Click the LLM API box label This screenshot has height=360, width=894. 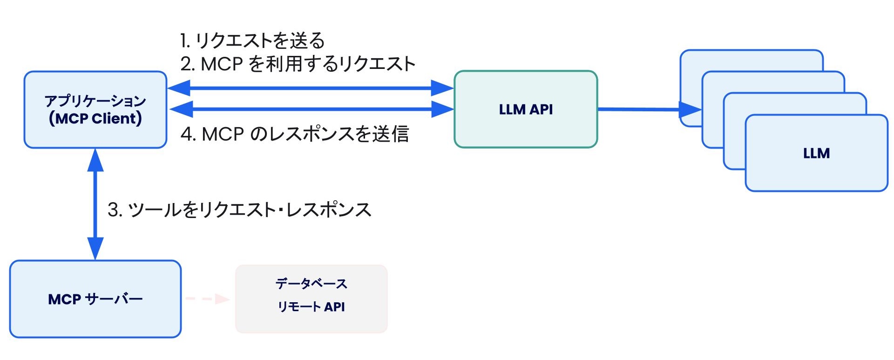(526, 109)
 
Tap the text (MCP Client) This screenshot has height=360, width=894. (95, 119)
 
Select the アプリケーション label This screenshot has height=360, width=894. (95, 101)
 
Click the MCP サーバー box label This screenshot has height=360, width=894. (95, 299)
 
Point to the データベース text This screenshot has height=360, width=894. (311, 284)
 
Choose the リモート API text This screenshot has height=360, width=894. (311, 307)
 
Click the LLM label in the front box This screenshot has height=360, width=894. (816, 153)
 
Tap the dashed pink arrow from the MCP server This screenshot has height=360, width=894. (207, 299)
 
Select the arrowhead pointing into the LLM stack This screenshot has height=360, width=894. (691, 110)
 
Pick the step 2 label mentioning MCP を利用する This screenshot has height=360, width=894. (298, 64)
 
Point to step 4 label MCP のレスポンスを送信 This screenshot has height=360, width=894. (295, 134)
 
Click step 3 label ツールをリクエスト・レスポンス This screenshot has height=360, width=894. (240, 210)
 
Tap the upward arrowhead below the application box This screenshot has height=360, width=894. (95, 161)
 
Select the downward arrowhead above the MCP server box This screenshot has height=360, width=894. (95, 248)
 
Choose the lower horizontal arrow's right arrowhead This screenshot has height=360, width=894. (442, 109)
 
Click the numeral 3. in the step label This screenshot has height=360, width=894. (115, 210)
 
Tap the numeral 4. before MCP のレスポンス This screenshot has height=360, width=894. (188, 134)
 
